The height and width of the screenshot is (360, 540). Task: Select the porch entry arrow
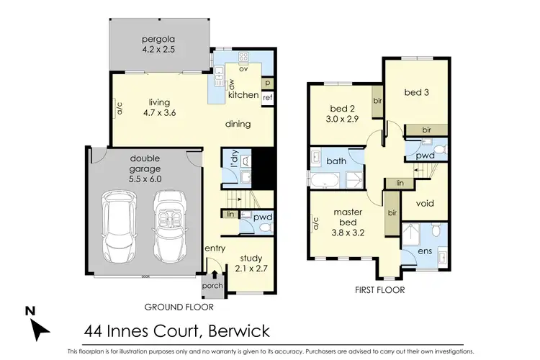(215, 275)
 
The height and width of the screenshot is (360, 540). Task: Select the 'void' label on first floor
(426, 203)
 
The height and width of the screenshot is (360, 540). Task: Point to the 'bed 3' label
(416, 92)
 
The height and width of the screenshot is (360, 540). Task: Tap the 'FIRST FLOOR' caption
(380, 290)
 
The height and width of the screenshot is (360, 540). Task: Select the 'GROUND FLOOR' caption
(179, 307)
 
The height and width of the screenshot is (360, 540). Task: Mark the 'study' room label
(251, 258)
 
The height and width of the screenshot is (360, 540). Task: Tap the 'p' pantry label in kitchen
(267, 84)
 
